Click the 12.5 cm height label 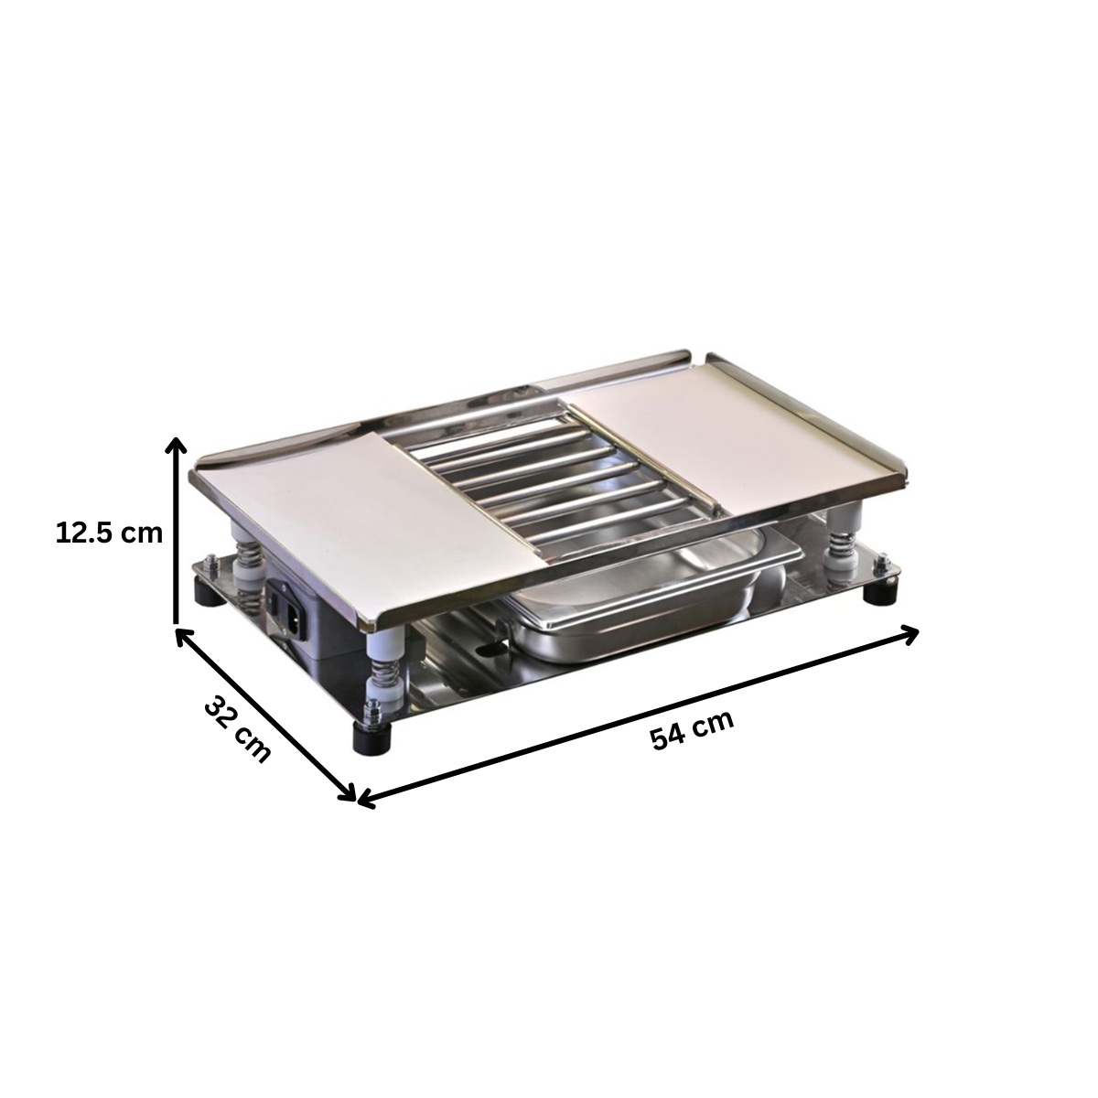click(x=109, y=533)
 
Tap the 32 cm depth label click(x=237, y=729)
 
